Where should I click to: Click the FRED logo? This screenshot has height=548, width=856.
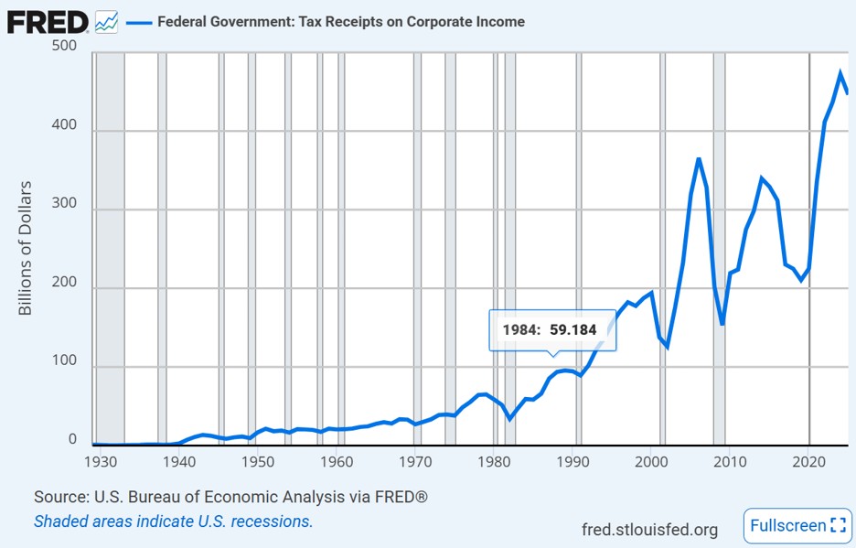tap(48, 22)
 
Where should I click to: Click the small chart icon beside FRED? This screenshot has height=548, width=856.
tap(106, 22)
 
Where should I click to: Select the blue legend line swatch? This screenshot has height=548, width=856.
tap(139, 22)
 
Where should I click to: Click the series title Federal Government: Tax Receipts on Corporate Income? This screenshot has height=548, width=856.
tap(341, 22)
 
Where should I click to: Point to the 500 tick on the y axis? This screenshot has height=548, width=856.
tap(64, 46)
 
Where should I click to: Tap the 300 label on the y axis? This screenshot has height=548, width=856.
tap(64, 203)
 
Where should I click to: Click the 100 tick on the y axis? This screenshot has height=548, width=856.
tap(64, 360)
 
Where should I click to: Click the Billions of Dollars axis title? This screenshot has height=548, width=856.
tap(25, 248)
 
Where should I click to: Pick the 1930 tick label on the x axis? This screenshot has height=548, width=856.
tap(101, 462)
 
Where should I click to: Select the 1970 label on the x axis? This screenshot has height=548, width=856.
tap(415, 462)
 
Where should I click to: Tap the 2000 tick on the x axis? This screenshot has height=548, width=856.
tap(651, 462)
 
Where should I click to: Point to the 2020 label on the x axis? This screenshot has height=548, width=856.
tap(808, 462)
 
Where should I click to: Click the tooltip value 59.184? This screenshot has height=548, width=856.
tap(573, 330)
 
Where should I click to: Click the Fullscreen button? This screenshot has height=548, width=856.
tap(797, 526)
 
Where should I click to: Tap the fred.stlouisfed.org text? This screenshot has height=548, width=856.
tap(649, 530)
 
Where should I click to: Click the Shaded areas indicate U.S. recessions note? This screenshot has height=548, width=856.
tap(174, 521)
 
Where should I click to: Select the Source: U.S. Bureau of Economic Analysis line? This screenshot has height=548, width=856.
tap(231, 497)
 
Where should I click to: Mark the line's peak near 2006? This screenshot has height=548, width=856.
tap(698, 159)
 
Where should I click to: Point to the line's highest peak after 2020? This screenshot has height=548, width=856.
tap(840, 72)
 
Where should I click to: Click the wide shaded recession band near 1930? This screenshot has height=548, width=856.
tap(111, 249)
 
